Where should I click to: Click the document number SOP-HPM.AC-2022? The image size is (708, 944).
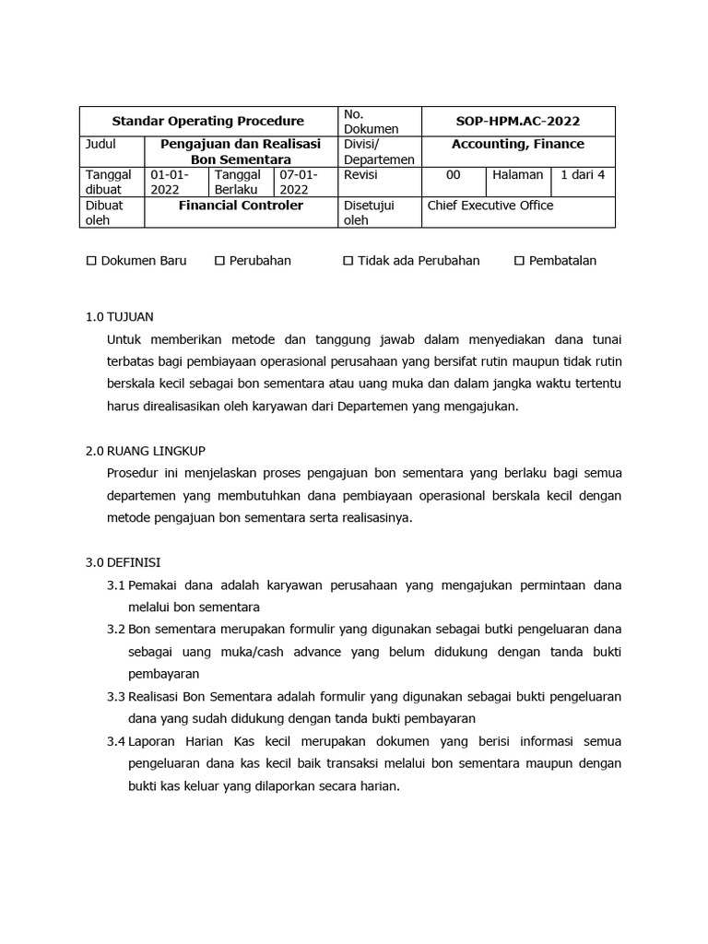pyautogui.click(x=518, y=121)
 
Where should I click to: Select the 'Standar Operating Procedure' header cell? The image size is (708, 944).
pyautogui.click(x=207, y=121)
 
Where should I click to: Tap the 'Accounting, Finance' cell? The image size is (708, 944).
pyautogui.click(x=518, y=145)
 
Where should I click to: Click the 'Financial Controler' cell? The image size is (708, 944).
pyautogui.click(x=241, y=206)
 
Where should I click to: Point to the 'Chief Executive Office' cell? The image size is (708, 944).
pyautogui.click(x=490, y=206)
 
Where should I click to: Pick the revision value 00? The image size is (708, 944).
pyautogui.click(x=453, y=175)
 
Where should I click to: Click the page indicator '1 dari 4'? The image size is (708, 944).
pyautogui.click(x=583, y=175)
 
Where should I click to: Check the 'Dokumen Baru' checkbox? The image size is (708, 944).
pyautogui.click(x=91, y=261)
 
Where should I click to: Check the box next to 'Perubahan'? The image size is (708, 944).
pyautogui.click(x=219, y=261)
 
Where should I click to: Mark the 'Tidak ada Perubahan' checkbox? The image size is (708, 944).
pyautogui.click(x=348, y=261)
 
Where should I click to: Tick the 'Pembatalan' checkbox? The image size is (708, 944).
pyautogui.click(x=519, y=261)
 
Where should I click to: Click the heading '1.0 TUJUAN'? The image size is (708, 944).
pyautogui.click(x=120, y=316)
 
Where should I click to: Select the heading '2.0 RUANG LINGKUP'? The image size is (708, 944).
pyautogui.click(x=145, y=451)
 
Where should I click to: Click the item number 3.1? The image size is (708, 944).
pyautogui.click(x=115, y=585)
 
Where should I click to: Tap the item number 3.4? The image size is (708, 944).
pyautogui.click(x=115, y=741)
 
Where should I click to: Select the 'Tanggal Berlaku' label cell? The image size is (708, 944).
pyautogui.click(x=242, y=182)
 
